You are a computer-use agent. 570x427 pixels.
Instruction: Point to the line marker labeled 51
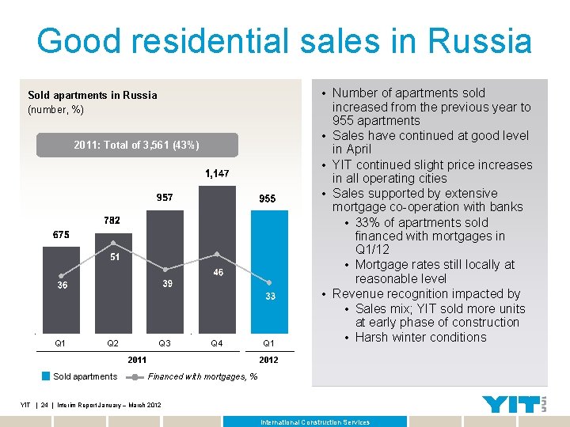[x=113, y=243]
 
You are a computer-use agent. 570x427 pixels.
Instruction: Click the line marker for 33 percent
[x=269, y=282]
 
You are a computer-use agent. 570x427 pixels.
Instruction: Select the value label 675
[x=61, y=235]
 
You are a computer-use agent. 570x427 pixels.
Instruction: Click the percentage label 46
[x=217, y=273]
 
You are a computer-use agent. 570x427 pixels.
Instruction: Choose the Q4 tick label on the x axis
[x=216, y=343]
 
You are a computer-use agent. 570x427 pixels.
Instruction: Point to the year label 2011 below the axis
[x=137, y=360]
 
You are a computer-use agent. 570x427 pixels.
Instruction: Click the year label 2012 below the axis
[x=268, y=360]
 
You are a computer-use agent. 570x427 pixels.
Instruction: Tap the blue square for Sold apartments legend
[x=46, y=376]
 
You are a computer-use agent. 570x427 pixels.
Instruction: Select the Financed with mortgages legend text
[x=202, y=376]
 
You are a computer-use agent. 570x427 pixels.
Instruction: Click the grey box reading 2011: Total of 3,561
[x=136, y=145]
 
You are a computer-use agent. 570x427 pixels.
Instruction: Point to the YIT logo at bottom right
[x=514, y=403]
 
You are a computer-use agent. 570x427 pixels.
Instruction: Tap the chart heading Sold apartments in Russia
[x=93, y=95]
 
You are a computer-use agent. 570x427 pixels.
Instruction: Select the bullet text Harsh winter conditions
[x=420, y=337]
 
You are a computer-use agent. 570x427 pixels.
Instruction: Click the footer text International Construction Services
[x=315, y=422]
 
